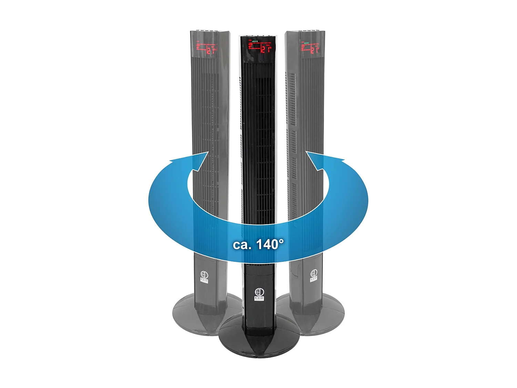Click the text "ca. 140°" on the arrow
[x=258, y=244]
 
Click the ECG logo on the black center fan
[x=259, y=294]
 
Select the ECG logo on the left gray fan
[x=204, y=277]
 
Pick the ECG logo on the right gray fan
[x=314, y=276]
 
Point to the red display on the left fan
[x=206, y=49]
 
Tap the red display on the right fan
[x=310, y=48]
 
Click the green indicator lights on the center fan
[x=255, y=41]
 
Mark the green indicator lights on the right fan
[x=305, y=42]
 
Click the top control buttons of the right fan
[x=308, y=32]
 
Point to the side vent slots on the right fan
[x=292, y=100]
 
